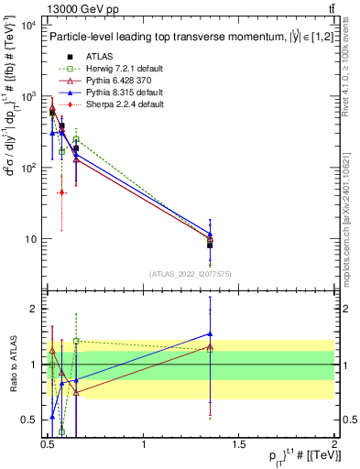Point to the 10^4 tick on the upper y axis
tap(28, 25)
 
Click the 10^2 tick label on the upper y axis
tap(28, 168)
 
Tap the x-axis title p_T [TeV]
tap(290, 458)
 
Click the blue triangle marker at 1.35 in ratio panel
tap(211, 334)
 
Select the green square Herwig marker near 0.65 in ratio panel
tap(76, 341)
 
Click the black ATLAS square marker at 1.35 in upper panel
tap(211, 245)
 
